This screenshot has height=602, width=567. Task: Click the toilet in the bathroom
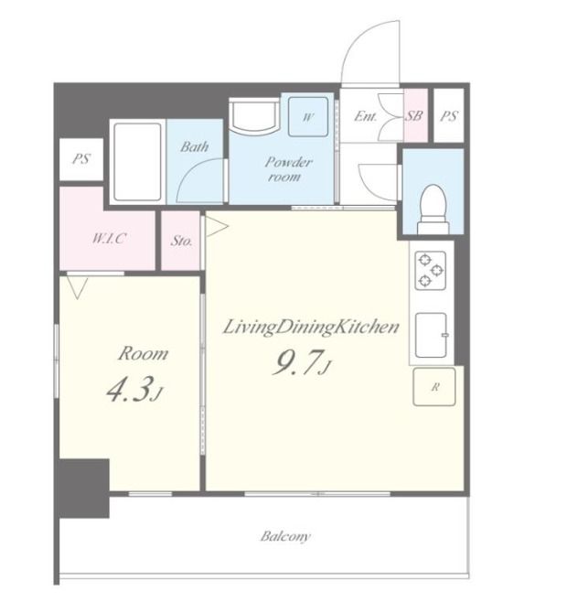click(433, 210)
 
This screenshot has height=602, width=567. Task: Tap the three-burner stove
click(431, 270)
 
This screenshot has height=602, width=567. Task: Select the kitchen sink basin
click(432, 335)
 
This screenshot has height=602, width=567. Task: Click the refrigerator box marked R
click(434, 387)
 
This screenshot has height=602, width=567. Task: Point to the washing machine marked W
click(308, 117)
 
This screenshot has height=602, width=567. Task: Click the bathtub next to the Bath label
click(137, 162)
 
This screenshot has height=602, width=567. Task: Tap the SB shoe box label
click(414, 115)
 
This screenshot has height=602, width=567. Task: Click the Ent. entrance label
click(365, 116)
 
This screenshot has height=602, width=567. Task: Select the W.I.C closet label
click(109, 239)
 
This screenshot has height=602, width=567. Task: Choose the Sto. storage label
click(181, 241)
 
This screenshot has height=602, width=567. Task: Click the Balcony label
click(285, 536)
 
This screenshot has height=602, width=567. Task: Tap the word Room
click(143, 353)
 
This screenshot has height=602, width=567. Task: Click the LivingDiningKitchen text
click(311, 328)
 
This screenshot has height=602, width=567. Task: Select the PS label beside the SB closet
click(449, 115)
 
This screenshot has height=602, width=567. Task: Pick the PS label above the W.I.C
click(81, 158)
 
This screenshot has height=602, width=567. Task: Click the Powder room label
click(288, 169)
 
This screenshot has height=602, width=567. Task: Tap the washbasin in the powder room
click(254, 114)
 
